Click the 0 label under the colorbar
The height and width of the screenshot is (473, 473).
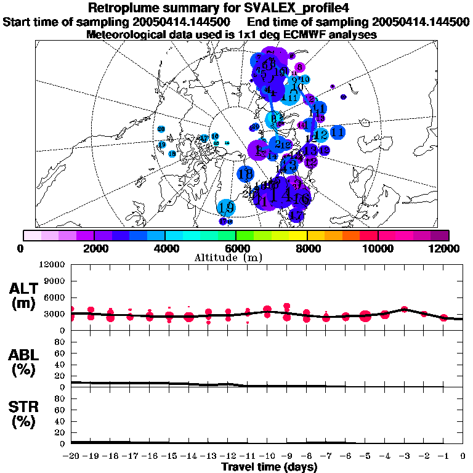click(x=22, y=248)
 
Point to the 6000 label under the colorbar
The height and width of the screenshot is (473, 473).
click(x=236, y=248)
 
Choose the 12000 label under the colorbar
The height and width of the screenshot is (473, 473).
click(x=445, y=248)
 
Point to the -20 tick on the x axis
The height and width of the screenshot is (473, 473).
click(x=72, y=456)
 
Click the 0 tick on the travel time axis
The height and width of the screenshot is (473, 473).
click(x=463, y=456)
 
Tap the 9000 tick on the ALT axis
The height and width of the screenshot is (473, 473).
click(x=54, y=281)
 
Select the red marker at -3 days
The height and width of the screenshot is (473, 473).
click(x=405, y=309)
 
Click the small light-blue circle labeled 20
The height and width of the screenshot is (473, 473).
click(x=161, y=129)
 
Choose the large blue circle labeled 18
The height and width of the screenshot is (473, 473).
click(x=246, y=174)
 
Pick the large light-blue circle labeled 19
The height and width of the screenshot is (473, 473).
click(x=226, y=207)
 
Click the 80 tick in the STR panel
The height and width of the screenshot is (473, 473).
click(x=60, y=398)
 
